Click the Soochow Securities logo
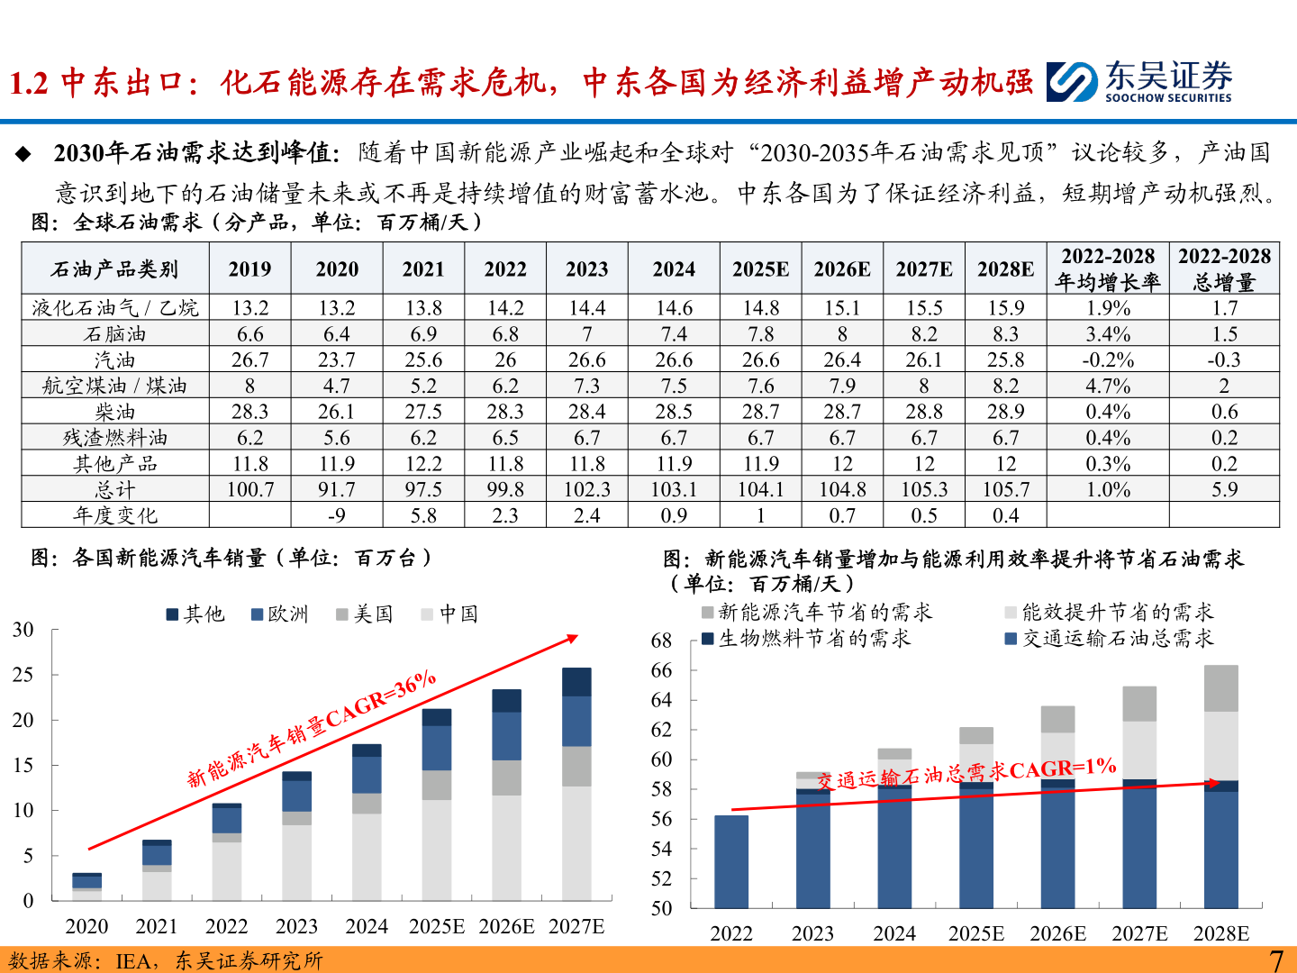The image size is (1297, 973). point(1139,81)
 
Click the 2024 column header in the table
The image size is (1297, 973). point(674,268)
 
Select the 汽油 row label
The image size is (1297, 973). point(115,359)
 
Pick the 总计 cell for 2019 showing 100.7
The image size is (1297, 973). point(249,489)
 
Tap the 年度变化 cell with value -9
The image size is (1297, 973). point(336,515)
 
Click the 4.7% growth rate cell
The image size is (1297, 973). point(1107,386)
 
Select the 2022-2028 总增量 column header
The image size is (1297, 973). point(1224,268)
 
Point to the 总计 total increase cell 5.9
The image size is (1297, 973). point(1224,489)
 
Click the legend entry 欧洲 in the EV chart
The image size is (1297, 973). point(280,614)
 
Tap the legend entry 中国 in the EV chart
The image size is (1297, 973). point(450,614)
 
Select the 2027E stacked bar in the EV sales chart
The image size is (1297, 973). point(576,784)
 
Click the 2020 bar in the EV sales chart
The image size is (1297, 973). point(87,887)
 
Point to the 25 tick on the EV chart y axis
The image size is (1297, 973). point(23,675)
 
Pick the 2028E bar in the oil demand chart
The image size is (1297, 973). point(1220,787)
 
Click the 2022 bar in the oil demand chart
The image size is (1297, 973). point(731,861)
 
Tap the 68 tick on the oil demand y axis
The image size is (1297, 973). point(661,641)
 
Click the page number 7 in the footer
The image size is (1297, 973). point(1275,959)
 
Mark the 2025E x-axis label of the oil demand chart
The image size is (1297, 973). point(976,933)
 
